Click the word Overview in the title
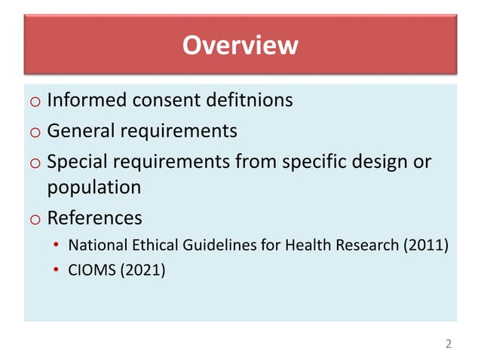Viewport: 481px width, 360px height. [240, 46]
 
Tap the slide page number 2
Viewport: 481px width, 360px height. [449, 344]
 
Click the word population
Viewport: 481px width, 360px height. [94, 188]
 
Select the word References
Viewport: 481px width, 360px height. [94, 218]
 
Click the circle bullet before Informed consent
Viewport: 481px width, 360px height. [35, 102]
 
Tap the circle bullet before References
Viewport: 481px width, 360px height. [35, 220]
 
